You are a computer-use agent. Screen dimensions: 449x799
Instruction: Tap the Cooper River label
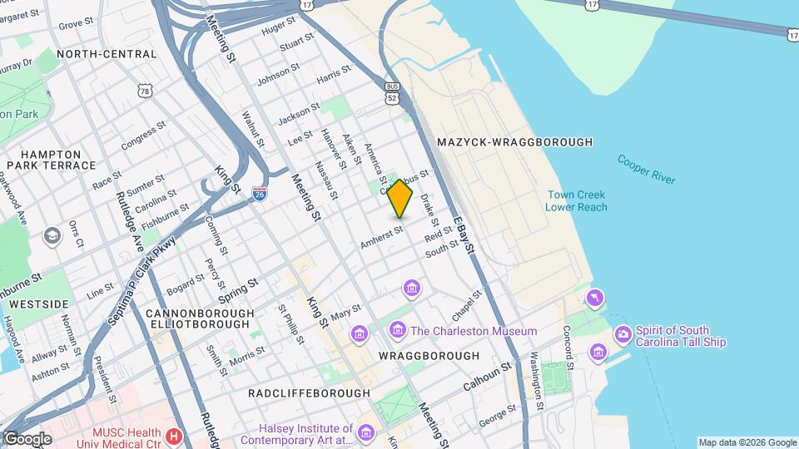click(647, 169)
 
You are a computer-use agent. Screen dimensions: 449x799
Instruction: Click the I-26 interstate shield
click(260, 194)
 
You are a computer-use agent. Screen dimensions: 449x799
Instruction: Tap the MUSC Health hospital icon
click(173, 436)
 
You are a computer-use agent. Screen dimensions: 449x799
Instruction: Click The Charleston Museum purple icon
click(398, 331)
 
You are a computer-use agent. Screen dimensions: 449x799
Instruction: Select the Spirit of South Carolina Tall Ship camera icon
click(623, 334)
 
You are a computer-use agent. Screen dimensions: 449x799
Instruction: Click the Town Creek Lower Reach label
click(576, 200)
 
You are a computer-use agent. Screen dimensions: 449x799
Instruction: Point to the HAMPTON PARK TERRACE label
click(51, 160)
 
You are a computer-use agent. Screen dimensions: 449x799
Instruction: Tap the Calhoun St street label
click(487, 374)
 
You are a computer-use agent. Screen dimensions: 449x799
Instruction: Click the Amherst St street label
click(381, 237)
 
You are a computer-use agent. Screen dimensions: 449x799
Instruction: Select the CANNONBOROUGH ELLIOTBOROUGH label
click(200, 320)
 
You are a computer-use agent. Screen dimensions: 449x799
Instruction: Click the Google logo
click(27, 439)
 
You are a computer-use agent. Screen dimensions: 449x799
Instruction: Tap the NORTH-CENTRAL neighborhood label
click(107, 54)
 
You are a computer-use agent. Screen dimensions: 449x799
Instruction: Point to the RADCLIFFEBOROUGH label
click(309, 392)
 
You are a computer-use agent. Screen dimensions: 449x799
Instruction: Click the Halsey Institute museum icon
click(367, 432)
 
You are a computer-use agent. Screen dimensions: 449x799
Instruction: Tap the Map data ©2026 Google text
click(747, 442)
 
